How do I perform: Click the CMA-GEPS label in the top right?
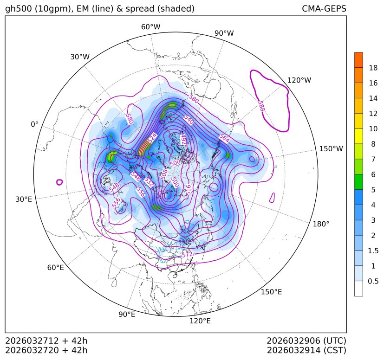[324, 9]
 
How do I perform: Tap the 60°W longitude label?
[150, 27]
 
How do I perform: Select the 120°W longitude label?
[299, 80]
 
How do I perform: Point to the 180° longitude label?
[321, 224]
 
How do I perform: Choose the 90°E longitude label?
[127, 315]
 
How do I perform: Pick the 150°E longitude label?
[271, 292]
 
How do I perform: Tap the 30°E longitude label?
[23, 199]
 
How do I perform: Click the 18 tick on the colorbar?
[373, 68]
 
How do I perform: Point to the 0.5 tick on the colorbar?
[373, 281]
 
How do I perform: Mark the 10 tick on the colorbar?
[373, 129]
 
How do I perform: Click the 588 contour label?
[261, 106]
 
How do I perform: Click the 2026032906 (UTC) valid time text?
[306, 341]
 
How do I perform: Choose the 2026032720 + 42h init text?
[46, 350]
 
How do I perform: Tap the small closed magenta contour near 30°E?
[59, 182]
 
